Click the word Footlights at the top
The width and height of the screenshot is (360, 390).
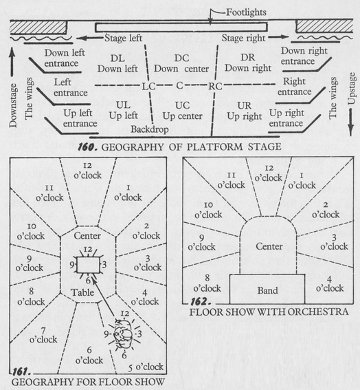pyautogui.click(x=246, y=12)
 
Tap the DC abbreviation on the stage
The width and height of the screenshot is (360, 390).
pyautogui.click(x=181, y=58)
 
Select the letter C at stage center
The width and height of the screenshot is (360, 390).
pyautogui.click(x=179, y=85)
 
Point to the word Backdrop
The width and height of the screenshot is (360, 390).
pyautogui.click(x=150, y=129)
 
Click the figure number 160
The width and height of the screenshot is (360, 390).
pyautogui.click(x=87, y=147)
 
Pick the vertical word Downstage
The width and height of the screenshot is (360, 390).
pyautogui.click(x=13, y=105)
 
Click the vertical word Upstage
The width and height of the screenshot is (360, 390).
pyautogui.click(x=351, y=88)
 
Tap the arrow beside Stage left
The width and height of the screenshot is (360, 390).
pyautogui.click(x=90, y=39)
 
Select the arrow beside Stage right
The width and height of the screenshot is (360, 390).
pyautogui.click(x=278, y=37)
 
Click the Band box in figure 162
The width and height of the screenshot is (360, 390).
pyautogui.click(x=267, y=289)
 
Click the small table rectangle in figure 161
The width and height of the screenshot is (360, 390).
pyautogui.click(x=88, y=265)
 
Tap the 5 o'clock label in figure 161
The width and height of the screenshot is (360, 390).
pyautogui.click(x=146, y=367)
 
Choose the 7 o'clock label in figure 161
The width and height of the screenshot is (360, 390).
pyautogui.click(x=43, y=335)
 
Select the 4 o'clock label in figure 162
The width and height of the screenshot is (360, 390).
pyautogui.click(x=330, y=284)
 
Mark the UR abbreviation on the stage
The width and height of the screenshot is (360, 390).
pyautogui.click(x=244, y=106)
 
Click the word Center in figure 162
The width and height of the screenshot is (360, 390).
pyautogui.click(x=269, y=246)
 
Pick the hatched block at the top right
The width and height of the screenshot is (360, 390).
pyautogui.click(x=324, y=26)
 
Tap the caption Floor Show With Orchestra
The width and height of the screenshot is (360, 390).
pyautogui.click(x=269, y=312)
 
